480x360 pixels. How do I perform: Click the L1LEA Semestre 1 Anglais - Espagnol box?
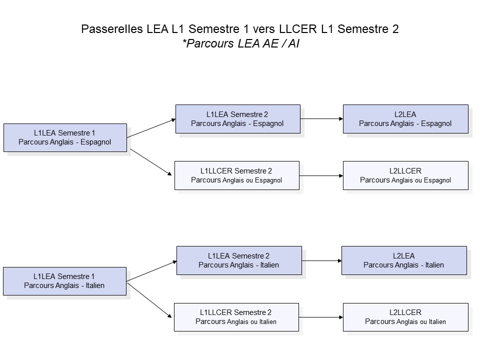[65, 137]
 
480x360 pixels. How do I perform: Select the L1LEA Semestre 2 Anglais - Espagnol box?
[237, 119]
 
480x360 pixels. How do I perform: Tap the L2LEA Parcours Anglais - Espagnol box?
[405, 119]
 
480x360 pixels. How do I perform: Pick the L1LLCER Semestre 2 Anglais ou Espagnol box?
[236, 175]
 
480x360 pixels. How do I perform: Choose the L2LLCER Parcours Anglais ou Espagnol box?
[405, 175]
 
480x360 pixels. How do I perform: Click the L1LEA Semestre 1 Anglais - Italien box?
[65, 281]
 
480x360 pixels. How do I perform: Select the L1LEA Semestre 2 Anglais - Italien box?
[238, 260]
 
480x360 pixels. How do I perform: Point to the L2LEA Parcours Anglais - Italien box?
[403, 260]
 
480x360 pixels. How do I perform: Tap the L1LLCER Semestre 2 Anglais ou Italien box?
[236, 317]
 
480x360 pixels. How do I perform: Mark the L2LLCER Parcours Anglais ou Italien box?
[405, 317]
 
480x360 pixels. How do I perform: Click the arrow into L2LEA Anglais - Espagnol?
[321, 119]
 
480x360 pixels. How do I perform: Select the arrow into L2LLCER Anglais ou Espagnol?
[321, 176]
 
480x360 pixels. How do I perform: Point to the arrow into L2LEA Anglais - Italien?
[321, 260]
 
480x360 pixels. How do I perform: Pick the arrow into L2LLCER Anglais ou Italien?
[321, 317]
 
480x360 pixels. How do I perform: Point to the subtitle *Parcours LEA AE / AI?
[240, 43]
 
